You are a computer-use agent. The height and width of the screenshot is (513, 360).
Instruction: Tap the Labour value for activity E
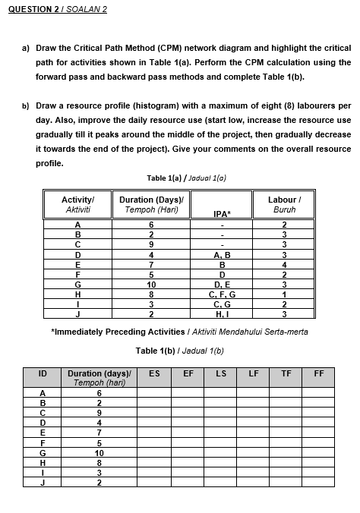(283, 263)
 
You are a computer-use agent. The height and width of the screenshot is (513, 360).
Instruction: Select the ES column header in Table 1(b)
(154, 373)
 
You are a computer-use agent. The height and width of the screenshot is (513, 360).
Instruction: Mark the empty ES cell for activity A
(154, 392)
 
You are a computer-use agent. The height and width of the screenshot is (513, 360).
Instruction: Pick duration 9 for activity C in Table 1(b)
(99, 412)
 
